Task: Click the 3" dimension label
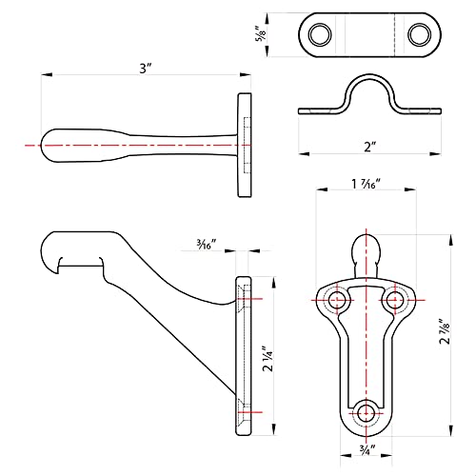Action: (146, 68)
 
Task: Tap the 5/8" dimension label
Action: (261, 34)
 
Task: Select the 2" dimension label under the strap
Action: (369, 147)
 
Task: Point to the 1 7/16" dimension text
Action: (366, 184)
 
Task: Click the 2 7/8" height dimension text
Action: (445, 331)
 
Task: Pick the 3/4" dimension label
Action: (367, 449)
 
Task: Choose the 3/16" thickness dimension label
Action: (207, 244)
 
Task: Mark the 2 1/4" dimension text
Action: (268, 359)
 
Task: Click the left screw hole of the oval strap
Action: (320, 34)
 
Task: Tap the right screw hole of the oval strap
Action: (419, 34)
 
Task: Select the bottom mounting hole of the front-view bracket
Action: (367, 413)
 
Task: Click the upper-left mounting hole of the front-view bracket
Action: (337, 300)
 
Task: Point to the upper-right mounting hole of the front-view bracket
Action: (395, 300)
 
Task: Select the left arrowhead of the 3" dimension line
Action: (47, 75)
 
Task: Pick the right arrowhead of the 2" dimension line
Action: (435, 154)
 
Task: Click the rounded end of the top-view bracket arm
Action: (48, 146)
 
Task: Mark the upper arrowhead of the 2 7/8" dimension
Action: (450, 240)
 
